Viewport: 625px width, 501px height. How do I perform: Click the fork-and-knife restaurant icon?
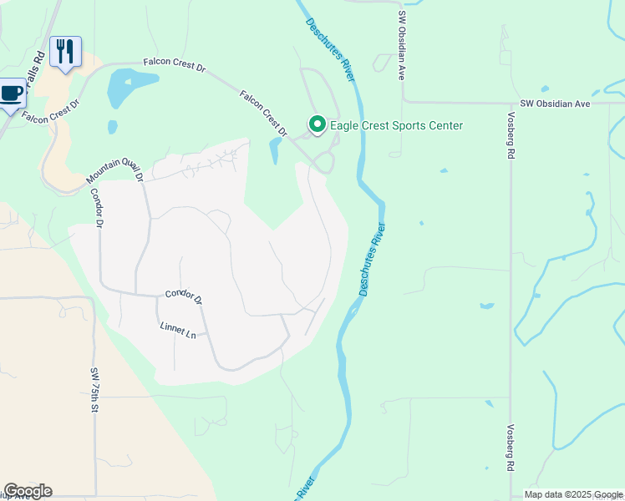[64, 51]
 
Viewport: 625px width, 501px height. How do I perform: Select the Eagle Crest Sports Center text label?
[396, 126]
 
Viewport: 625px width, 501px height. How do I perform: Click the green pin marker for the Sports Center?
[318, 124]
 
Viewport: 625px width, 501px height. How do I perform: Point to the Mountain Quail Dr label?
[114, 167]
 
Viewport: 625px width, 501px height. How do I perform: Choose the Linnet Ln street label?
[177, 330]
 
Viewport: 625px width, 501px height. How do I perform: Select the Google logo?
[28, 491]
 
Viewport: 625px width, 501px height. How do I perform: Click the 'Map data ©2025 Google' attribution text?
[573, 495]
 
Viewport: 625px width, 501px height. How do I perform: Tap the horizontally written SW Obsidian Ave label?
[555, 104]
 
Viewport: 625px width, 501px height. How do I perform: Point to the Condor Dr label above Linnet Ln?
[184, 296]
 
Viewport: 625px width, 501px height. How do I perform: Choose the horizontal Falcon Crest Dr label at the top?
[174, 63]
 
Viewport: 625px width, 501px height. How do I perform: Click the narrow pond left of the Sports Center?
[275, 150]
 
